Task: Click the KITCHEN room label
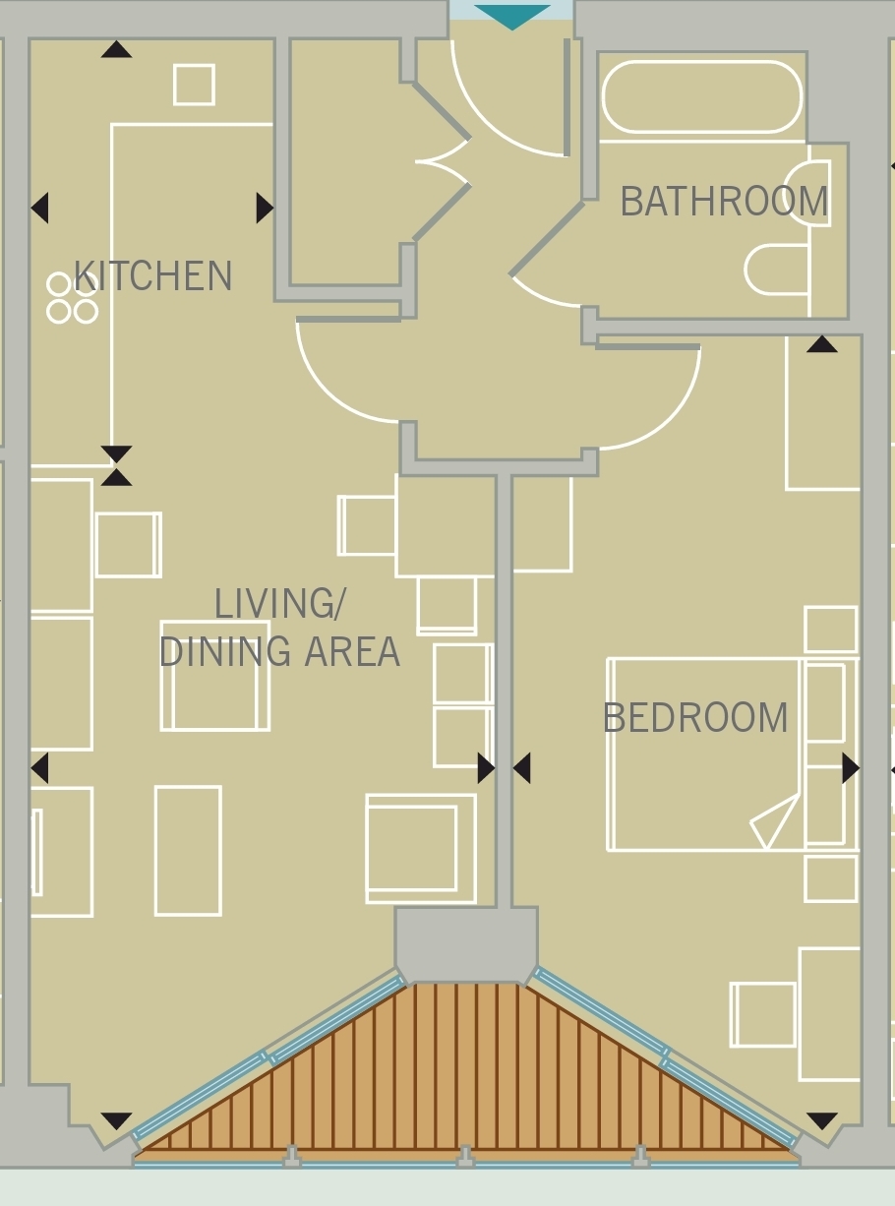pos(152,275)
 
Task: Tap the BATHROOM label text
pos(724,202)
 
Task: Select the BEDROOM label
pos(695,718)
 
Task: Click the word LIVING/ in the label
pos(280,604)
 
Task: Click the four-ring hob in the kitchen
pos(73,298)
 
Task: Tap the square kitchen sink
pos(194,85)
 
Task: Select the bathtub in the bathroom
pos(702,96)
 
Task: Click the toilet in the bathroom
pos(776,270)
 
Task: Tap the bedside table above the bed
pos(831,630)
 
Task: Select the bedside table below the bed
pos(831,878)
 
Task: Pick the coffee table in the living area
pos(188,851)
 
